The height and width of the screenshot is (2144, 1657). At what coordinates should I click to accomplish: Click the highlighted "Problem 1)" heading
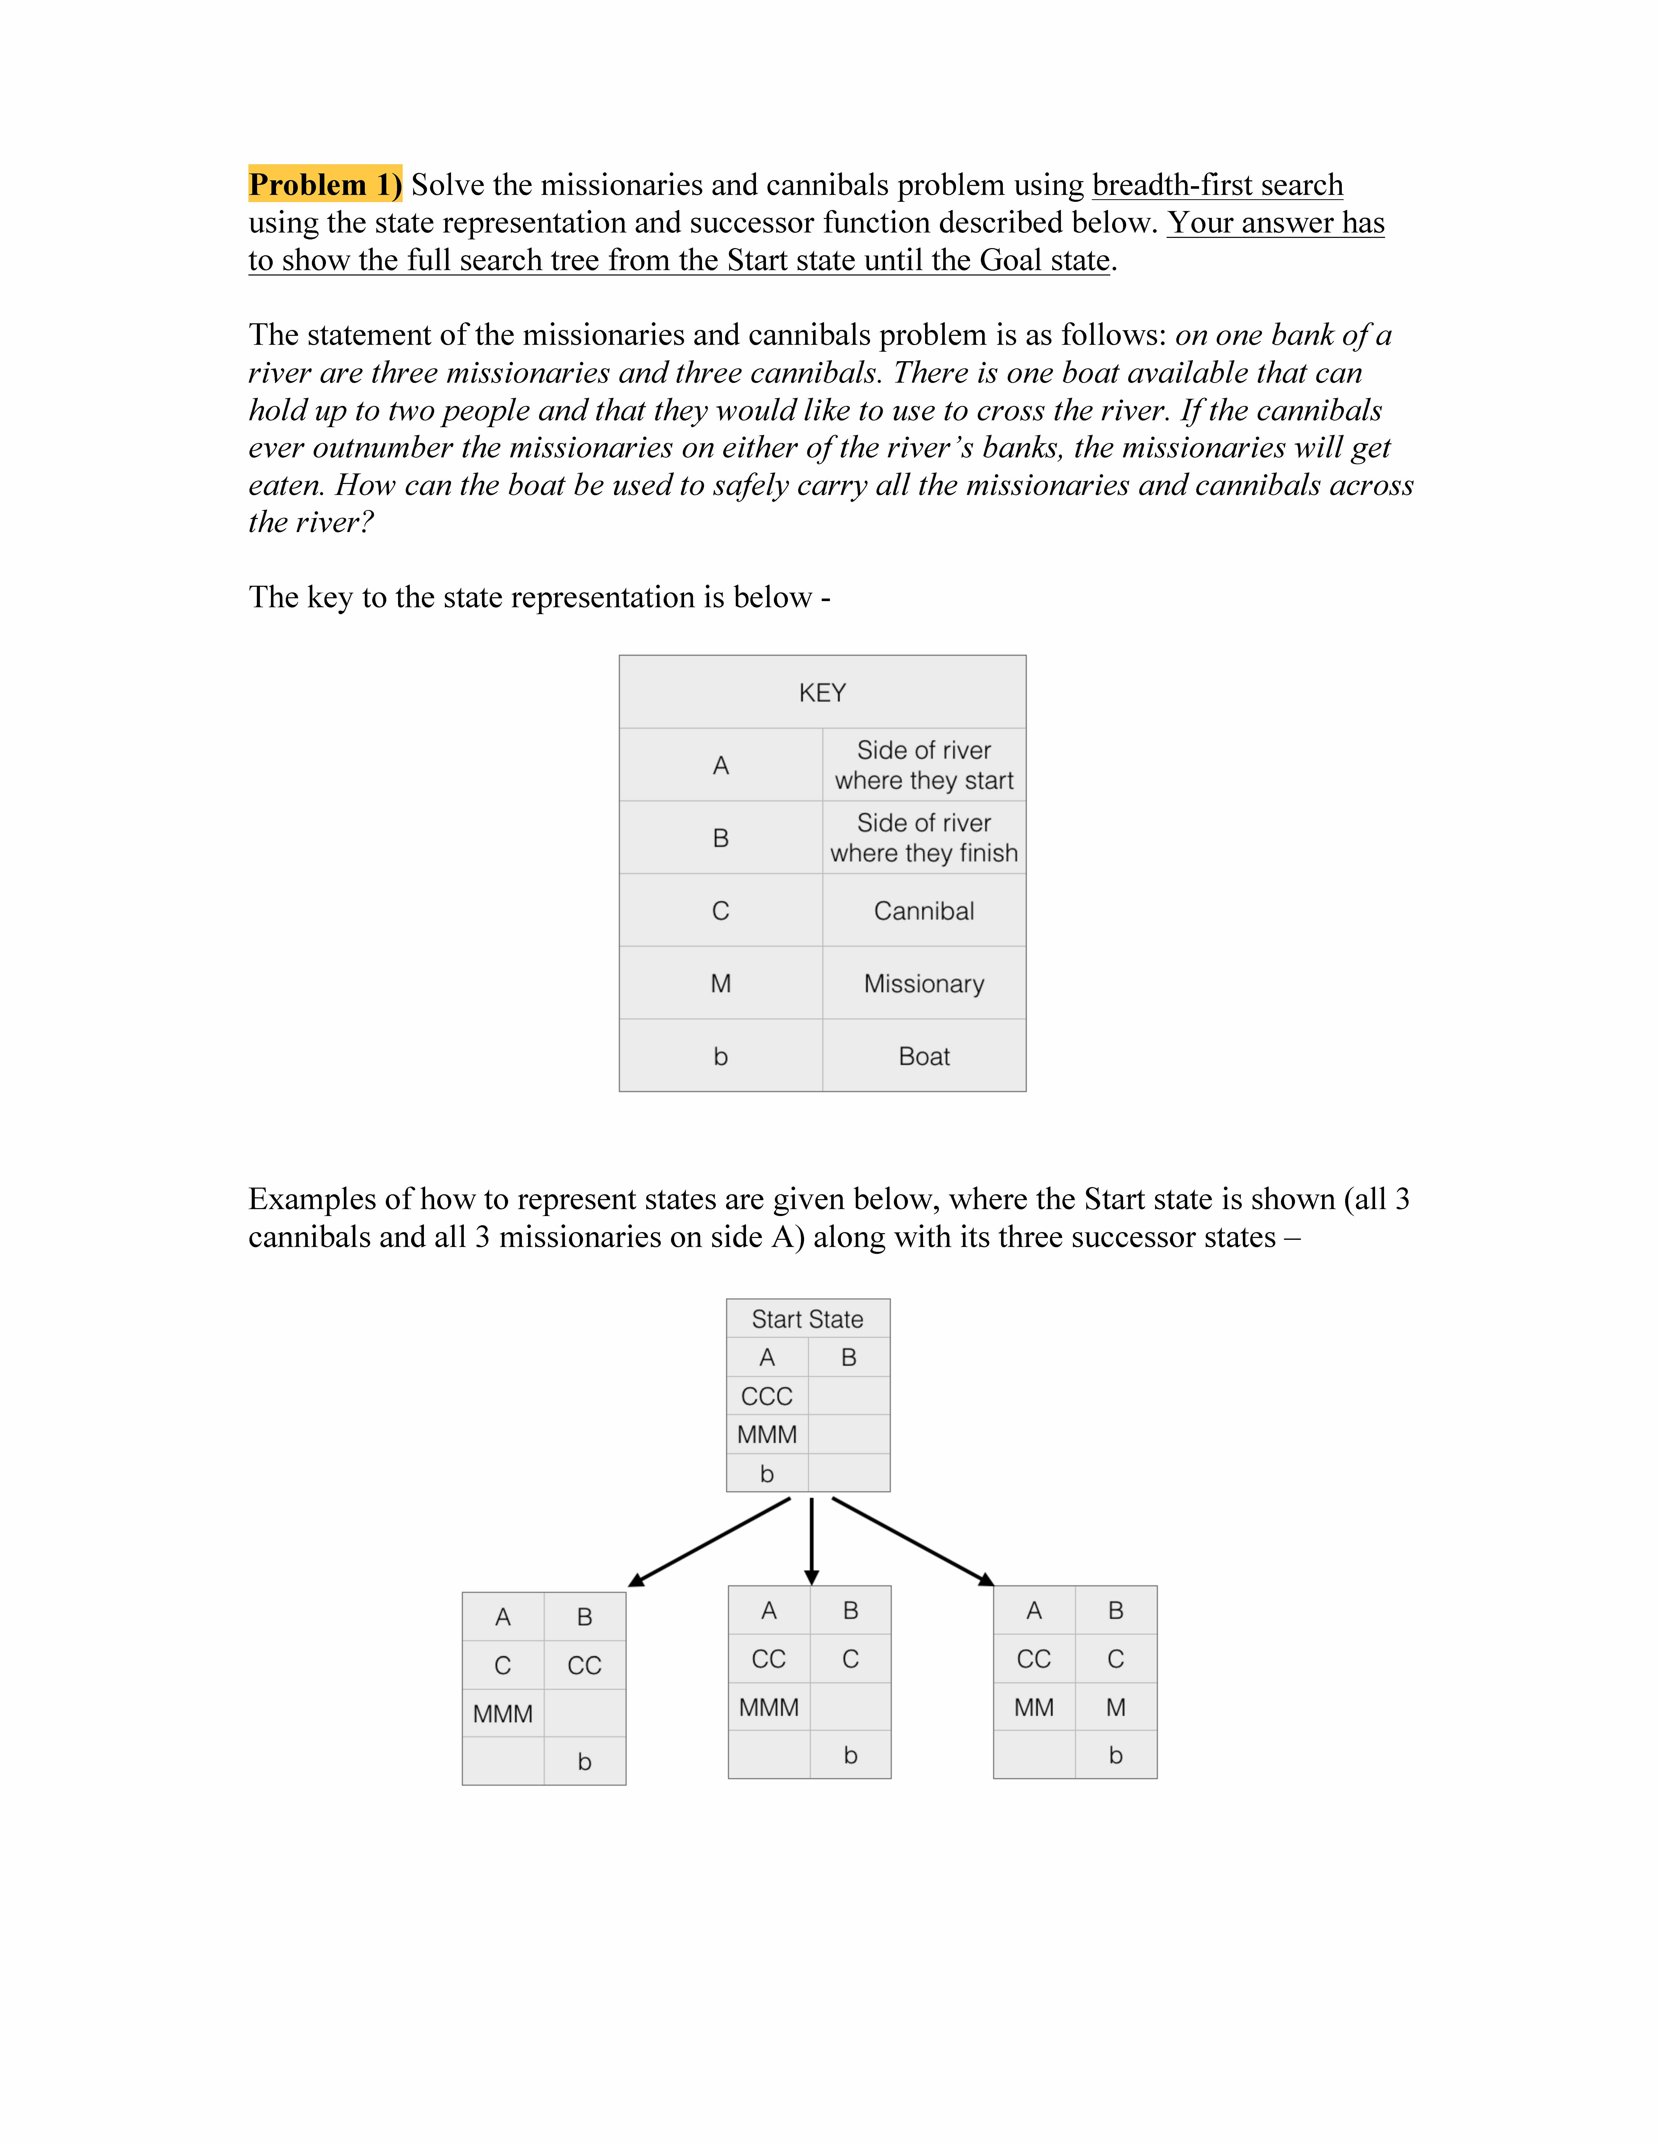(325, 185)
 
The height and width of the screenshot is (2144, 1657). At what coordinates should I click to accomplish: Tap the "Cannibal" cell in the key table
(924, 911)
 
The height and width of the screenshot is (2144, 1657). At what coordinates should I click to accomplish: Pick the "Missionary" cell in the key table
(924, 984)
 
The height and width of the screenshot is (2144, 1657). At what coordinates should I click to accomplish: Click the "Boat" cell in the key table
(924, 1056)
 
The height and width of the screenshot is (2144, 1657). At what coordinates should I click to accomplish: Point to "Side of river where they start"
(924, 765)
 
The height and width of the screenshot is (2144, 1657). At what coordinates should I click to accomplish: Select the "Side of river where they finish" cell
(924, 837)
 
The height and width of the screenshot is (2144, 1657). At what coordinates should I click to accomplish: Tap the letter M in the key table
(720, 984)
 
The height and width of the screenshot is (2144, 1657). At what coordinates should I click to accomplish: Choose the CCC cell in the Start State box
(767, 1396)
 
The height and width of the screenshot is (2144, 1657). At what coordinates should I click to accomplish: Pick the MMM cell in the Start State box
(767, 1434)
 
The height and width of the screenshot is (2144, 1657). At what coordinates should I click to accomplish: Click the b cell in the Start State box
(767, 1474)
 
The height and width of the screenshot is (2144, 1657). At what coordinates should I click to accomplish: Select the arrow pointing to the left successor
(709, 1541)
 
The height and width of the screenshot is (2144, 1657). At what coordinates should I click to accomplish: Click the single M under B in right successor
(1115, 1707)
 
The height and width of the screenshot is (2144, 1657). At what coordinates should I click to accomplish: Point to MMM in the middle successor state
(769, 1707)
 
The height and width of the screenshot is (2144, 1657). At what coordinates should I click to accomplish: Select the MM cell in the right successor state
(1034, 1707)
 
